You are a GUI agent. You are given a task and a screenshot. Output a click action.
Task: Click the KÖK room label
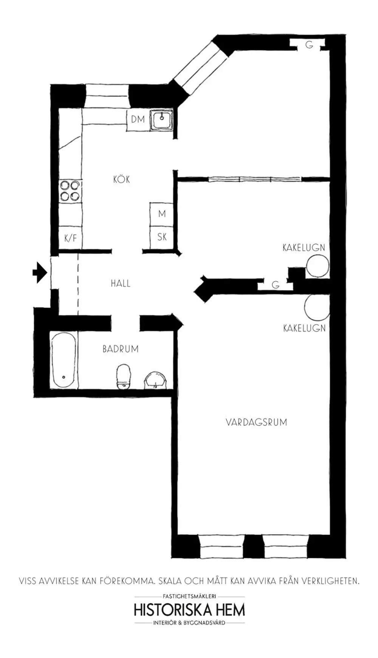click(x=121, y=179)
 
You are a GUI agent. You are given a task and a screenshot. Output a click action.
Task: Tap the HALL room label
click(x=121, y=284)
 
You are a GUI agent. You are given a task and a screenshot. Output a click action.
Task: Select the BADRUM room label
click(x=121, y=349)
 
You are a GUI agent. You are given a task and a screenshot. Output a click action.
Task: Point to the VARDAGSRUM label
click(x=256, y=422)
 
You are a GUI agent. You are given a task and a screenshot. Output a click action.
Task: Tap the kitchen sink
click(x=162, y=120)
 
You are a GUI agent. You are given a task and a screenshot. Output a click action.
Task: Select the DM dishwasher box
click(x=138, y=120)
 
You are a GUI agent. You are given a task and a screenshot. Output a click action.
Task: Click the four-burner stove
click(x=70, y=191)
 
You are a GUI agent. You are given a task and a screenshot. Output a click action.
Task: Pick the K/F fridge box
click(x=70, y=238)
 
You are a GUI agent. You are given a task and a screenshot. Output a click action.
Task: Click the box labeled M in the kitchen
click(x=162, y=214)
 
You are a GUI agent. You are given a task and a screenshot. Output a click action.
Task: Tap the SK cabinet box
click(x=162, y=237)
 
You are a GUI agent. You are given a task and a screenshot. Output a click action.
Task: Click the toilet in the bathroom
click(x=124, y=376)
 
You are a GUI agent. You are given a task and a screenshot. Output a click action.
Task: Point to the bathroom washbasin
click(x=155, y=380)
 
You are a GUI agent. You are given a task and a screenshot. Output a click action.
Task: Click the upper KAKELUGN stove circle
click(x=318, y=266)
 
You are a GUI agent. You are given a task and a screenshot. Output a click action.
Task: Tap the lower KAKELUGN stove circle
click(x=317, y=307)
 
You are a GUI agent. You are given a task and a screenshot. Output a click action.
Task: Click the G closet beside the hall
click(x=276, y=285)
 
